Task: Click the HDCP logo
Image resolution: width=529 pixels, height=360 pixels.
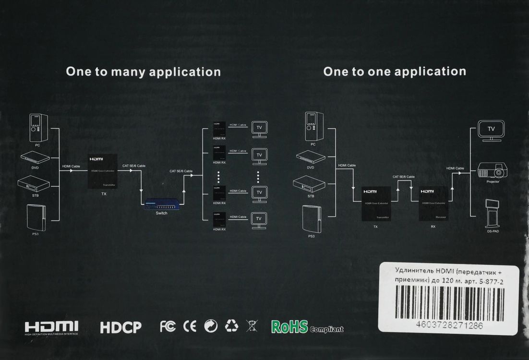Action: point(120,327)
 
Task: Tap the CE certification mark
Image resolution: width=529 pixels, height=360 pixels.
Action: point(190,326)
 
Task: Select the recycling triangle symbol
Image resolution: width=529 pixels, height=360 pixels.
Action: point(232,326)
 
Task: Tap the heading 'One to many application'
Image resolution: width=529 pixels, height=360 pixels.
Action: point(143,72)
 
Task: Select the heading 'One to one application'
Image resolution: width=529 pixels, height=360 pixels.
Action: point(395,72)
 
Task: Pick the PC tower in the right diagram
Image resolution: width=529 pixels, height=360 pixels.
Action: point(313,126)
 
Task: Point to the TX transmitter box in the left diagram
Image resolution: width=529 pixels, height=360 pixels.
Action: point(104,172)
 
